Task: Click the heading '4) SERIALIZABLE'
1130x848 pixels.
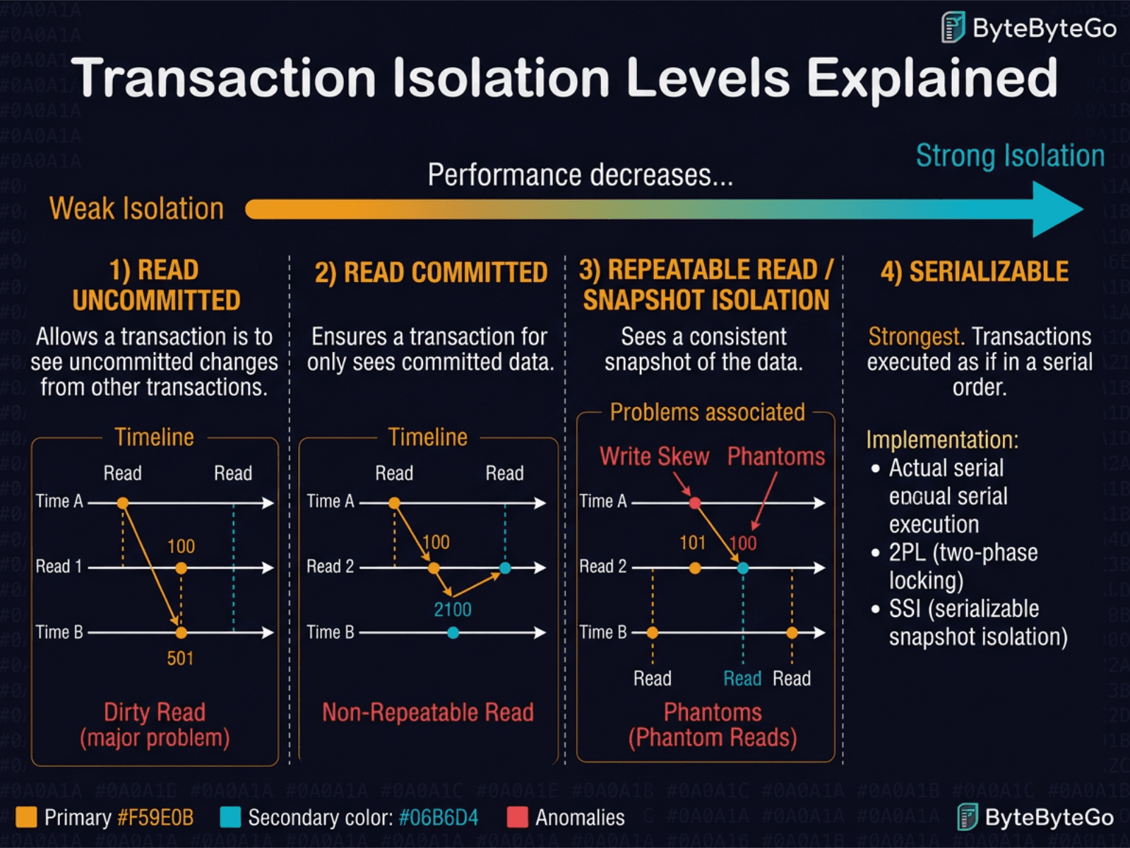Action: click(x=974, y=272)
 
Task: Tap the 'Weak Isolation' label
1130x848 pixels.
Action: click(x=136, y=209)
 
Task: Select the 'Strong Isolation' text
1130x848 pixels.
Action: click(x=1010, y=156)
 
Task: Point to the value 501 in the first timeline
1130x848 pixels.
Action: click(x=180, y=659)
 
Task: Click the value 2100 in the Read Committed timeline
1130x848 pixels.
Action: click(x=453, y=610)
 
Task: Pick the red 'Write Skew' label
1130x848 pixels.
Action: click(x=654, y=457)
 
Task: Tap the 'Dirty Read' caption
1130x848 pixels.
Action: click(x=155, y=712)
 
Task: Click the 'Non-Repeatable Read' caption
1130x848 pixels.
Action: click(x=428, y=712)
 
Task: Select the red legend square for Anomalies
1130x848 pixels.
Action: click(x=518, y=818)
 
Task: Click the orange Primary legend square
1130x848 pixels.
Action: click(x=26, y=818)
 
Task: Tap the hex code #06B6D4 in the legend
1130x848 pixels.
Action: click(x=439, y=818)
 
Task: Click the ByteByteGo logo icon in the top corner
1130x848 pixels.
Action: click(x=953, y=28)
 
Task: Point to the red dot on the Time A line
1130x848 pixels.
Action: click(x=695, y=503)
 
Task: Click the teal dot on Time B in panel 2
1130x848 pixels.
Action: click(x=453, y=633)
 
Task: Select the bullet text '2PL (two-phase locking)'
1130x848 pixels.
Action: click(x=963, y=567)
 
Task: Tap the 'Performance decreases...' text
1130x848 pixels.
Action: click(x=580, y=175)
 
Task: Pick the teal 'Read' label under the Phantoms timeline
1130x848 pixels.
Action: click(x=742, y=679)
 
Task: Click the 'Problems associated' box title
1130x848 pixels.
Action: click(x=707, y=412)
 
